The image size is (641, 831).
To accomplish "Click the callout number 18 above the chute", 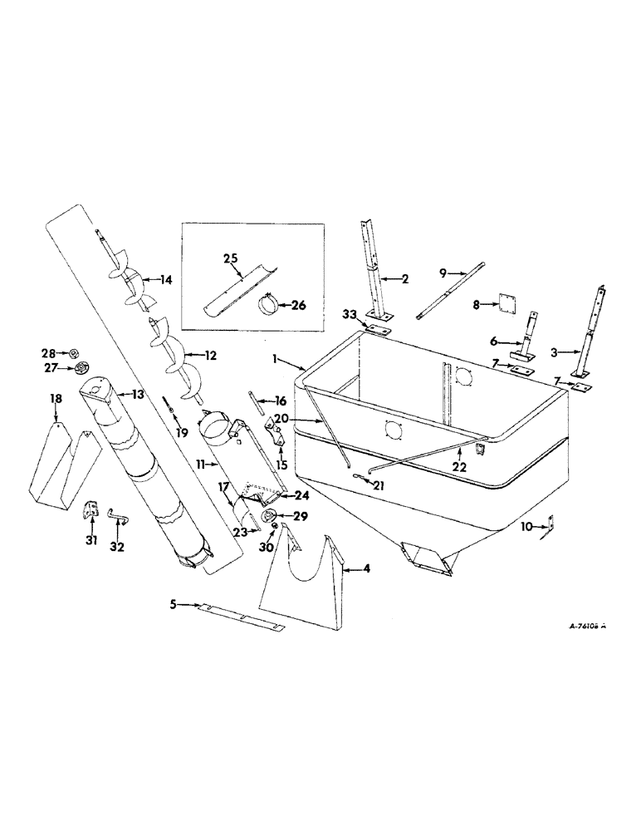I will coord(56,400).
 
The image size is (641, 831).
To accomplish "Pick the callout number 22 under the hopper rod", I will coord(455,451).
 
